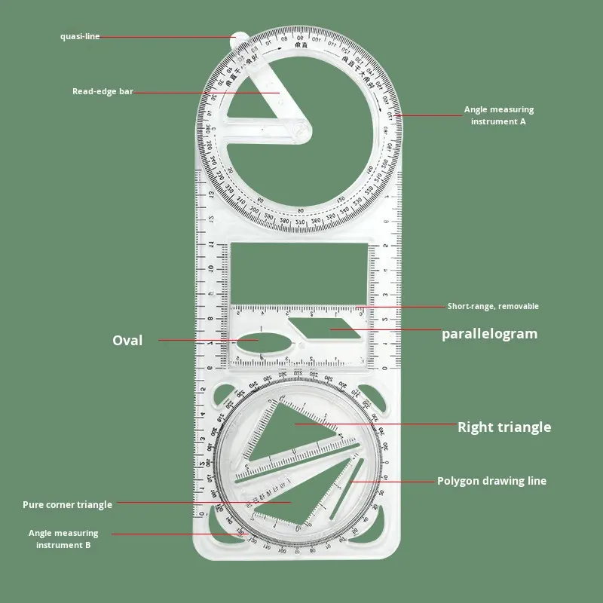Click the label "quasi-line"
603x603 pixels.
point(80,36)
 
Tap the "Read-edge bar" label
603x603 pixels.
point(103,92)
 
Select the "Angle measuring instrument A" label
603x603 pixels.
point(498,115)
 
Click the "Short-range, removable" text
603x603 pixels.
point(493,306)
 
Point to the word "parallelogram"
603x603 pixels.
point(489,333)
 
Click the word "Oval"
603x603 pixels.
point(127,341)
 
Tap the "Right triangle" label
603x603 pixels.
point(504,427)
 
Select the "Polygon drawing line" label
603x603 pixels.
point(491,481)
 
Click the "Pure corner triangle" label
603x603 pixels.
point(67,504)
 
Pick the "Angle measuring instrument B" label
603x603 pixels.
point(63,539)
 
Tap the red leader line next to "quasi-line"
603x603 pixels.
point(166,36)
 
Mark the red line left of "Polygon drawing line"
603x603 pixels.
point(391,481)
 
